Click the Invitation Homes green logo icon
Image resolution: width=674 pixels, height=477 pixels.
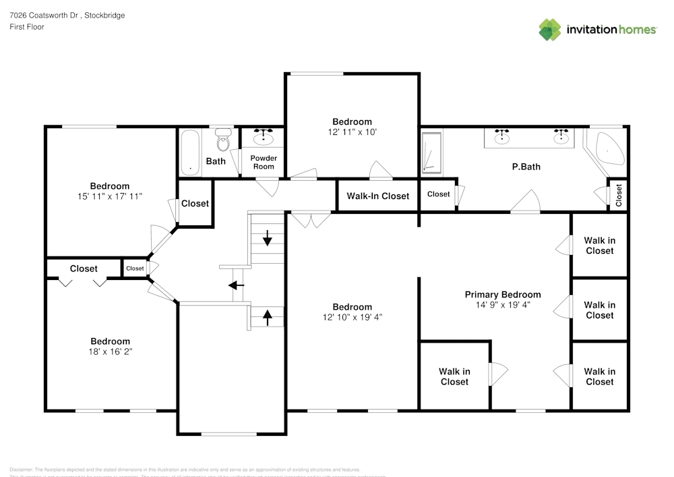point(550,30)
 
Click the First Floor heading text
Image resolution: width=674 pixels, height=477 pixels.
point(27,27)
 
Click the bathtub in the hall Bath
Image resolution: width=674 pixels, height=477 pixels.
point(190,152)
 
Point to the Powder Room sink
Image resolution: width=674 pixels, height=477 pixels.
point(264,138)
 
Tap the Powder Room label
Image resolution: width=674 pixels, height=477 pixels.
point(264,163)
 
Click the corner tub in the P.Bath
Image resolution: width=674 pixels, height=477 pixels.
point(607,149)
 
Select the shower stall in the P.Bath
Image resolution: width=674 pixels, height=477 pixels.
point(431,152)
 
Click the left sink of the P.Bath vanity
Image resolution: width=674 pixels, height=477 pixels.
point(501,138)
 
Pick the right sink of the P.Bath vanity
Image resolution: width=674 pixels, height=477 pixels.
point(561,138)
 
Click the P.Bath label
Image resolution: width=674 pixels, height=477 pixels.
point(526,167)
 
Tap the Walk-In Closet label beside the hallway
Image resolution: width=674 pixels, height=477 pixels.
point(377,196)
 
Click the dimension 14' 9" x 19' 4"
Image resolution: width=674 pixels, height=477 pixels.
point(503,304)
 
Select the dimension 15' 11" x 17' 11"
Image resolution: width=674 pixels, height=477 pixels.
point(110,196)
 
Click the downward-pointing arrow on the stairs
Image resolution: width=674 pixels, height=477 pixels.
point(268,237)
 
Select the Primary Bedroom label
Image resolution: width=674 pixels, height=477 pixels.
point(503,294)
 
